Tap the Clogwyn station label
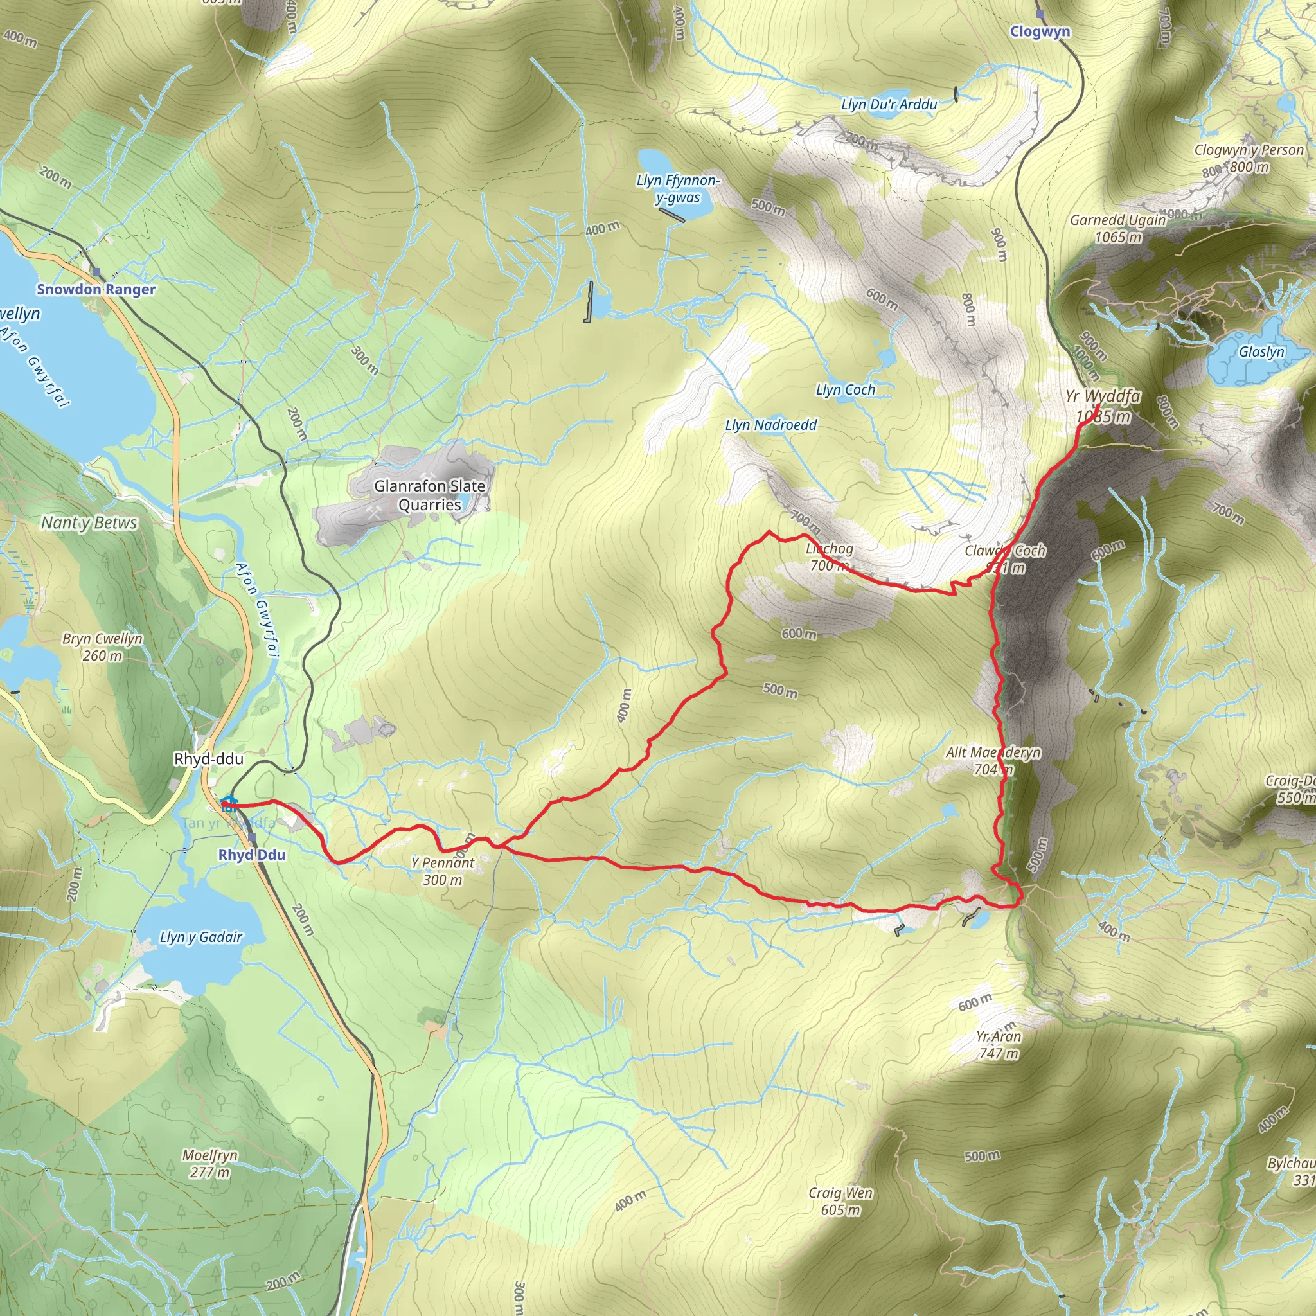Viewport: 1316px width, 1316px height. [1040, 31]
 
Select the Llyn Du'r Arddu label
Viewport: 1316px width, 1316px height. [889, 104]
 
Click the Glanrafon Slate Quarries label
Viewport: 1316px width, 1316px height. [429, 495]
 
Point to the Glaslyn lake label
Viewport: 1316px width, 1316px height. [1261, 351]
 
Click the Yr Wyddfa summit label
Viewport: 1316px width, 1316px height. [1103, 405]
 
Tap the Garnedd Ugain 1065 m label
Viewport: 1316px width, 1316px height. [1118, 228]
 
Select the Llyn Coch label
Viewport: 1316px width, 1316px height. [846, 389]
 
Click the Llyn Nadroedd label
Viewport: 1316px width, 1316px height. [770, 425]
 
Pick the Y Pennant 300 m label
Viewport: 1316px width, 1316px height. [443, 871]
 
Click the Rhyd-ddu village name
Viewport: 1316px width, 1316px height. [208, 759]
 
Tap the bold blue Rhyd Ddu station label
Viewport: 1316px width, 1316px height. [251, 855]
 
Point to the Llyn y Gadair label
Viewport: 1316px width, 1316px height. [201, 937]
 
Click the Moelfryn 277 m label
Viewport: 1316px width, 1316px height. [209, 1164]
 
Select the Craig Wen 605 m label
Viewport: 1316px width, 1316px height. [840, 1201]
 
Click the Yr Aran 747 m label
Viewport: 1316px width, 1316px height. [999, 1044]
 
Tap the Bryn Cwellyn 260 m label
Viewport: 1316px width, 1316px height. [102, 647]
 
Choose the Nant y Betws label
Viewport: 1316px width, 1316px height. [89, 523]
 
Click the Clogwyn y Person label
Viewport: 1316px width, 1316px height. [1249, 150]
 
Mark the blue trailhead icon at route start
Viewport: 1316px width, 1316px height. [228, 803]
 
